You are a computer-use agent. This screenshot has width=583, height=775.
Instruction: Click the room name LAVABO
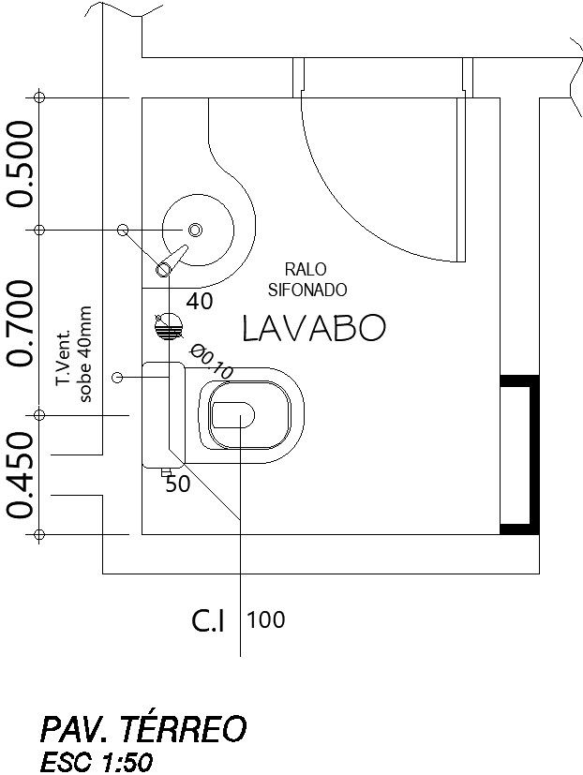pyautogui.click(x=313, y=328)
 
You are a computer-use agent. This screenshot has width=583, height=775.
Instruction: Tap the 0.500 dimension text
pyautogui.click(x=21, y=163)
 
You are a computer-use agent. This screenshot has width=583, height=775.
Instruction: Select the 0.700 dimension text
pyautogui.click(x=21, y=321)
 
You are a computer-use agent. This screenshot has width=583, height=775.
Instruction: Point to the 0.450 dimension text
pyautogui.click(x=21, y=474)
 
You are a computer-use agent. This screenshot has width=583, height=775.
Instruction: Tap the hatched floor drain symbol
pyautogui.click(x=169, y=326)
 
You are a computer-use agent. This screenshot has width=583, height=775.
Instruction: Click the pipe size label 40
pyautogui.click(x=200, y=302)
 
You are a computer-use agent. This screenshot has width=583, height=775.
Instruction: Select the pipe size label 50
pyautogui.click(x=177, y=484)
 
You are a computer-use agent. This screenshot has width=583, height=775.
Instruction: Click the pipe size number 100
pyautogui.click(x=266, y=619)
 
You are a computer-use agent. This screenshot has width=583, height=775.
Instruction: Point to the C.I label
pyautogui.click(x=209, y=620)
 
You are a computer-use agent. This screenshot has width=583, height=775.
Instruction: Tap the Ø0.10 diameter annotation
pyautogui.click(x=211, y=361)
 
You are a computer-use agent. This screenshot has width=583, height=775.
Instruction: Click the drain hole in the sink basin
pyautogui.click(x=195, y=230)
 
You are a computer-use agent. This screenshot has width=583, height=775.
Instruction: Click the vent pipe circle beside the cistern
pyautogui.click(x=117, y=377)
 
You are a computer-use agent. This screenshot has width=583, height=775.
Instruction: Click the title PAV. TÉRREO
pyautogui.click(x=142, y=728)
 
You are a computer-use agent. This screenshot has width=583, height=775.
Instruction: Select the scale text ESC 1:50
pyautogui.click(x=96, y=763)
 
